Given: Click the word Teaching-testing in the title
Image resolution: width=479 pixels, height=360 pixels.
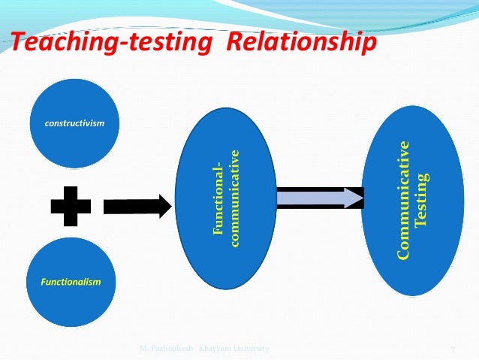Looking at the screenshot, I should pyautogui.click(x=110, y=44).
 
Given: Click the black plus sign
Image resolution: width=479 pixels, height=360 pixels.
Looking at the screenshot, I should pyautogui.click(x=70, y=201).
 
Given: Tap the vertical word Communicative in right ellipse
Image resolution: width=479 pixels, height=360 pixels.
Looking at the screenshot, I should pyautogui.click(x=405, y=200).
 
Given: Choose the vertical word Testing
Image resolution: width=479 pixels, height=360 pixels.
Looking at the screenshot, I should pyautogui.click(x=422, y=200).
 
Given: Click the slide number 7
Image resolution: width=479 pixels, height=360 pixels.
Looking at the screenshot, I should pyautogui.click(x=453, y=349).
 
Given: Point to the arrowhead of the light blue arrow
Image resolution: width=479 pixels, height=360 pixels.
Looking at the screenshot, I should pyautogui.click(x=354, y=198).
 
